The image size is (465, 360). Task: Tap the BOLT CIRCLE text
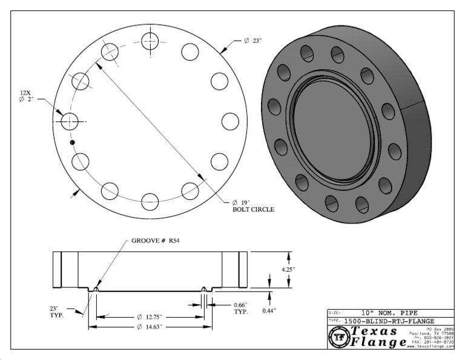(x=254, y=210)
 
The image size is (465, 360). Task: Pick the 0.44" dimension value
(x=269, y=310)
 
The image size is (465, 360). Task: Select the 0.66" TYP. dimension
(x=244, y=308)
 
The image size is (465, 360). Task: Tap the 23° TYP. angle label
(x=58, y=312)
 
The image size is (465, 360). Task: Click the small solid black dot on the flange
(x=72, y=142)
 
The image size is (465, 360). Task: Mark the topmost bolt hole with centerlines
(x=150, y=41)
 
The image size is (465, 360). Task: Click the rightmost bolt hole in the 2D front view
(x=230, y=121)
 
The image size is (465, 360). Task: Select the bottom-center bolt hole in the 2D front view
(x=150, y=200)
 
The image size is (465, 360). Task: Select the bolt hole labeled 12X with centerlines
(x=70, y=121)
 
